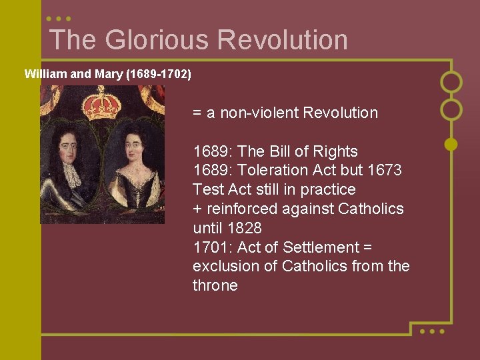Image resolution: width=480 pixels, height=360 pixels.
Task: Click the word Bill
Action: pos(291,151)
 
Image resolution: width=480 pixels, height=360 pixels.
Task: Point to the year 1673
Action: pos(383,171)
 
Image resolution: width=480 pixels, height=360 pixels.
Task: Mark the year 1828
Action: pos(243,228)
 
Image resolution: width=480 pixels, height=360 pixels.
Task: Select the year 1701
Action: pos(211,247)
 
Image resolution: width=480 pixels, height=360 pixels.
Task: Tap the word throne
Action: pos(215,286)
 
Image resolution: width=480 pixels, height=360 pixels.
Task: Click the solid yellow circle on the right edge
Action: pos(451,143)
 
